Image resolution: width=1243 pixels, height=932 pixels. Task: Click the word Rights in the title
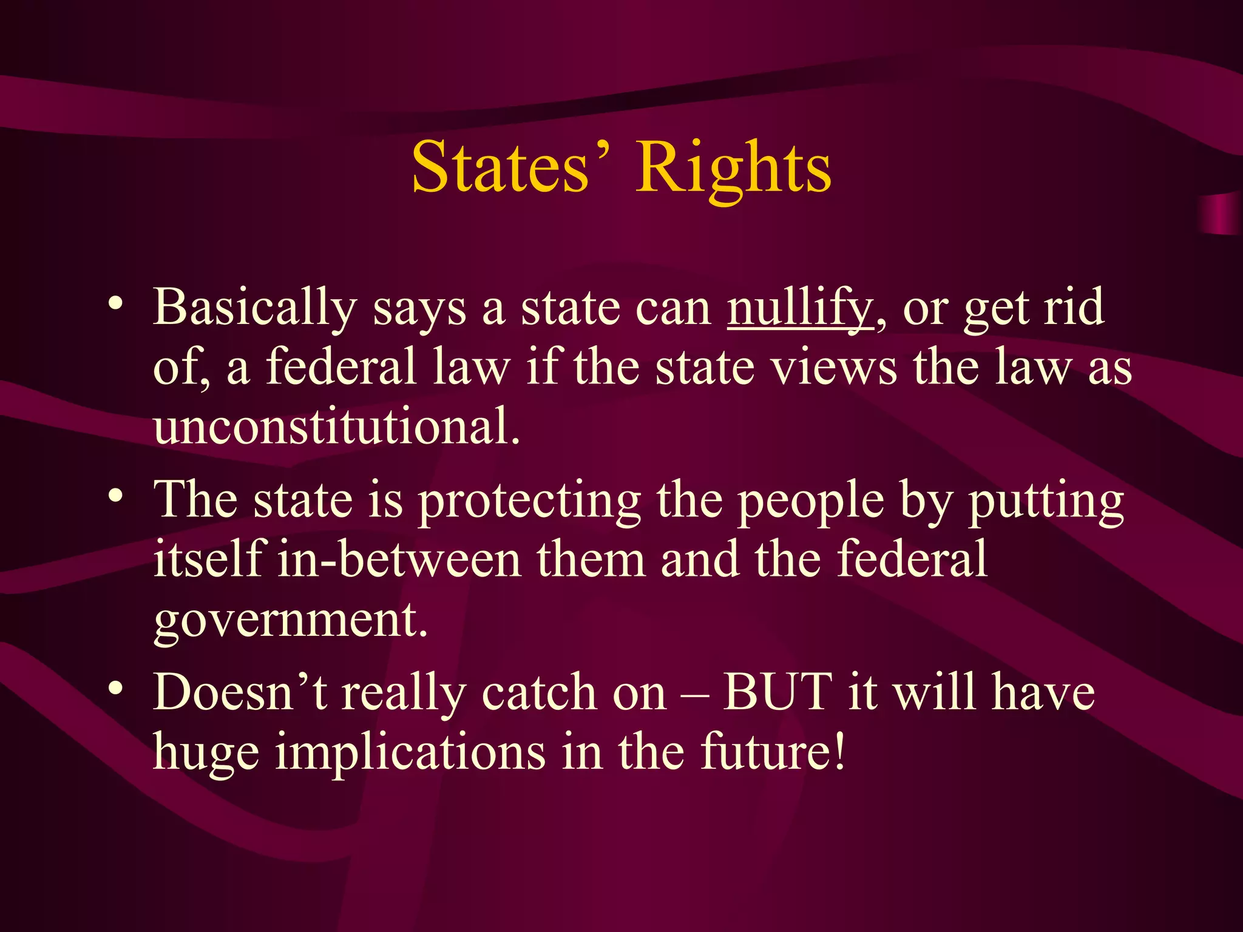click(733, 168)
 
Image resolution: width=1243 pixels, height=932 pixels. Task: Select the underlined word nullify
click(800, 308)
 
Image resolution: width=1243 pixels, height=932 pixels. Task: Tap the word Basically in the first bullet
click(254, 308)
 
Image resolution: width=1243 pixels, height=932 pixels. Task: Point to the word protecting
click(529, 501)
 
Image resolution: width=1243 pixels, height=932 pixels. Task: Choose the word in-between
click(399, 559)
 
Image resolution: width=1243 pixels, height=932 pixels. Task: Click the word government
click(290, 620)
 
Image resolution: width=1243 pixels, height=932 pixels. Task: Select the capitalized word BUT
click(777, 692)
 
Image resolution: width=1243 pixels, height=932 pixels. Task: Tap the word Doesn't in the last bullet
click(240, 692)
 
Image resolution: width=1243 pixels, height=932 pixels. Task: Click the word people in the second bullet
click(811, 501)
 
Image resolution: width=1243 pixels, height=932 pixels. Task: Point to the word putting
click(1046, 501)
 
